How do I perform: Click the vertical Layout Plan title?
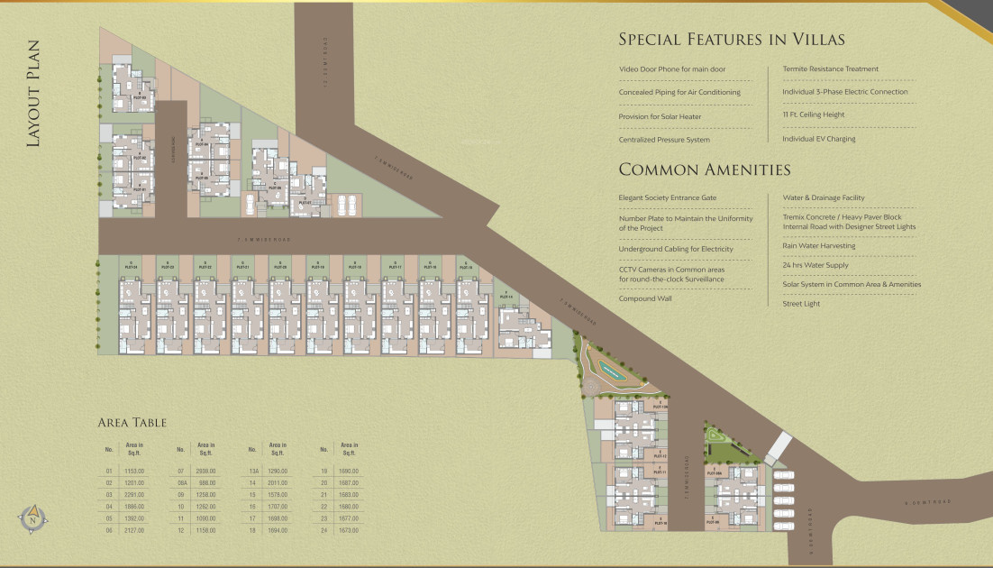coord(34,93)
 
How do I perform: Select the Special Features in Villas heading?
coord(731,39)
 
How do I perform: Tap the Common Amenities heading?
coord(705,169)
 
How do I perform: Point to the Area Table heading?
coord(132,422)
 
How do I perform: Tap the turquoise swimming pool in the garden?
coord(615,371)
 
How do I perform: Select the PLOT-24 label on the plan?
coord(131,267)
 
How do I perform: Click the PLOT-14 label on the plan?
coord(506,296)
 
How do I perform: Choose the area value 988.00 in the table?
coord(206,482)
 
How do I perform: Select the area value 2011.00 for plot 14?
coord(278,482)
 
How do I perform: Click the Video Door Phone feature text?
coord(672,69)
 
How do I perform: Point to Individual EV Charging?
coord(818,139)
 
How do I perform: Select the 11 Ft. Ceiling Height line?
coord(813,115)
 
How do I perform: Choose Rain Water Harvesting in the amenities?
coord(818,245)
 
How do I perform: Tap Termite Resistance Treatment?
coord(830,69)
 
